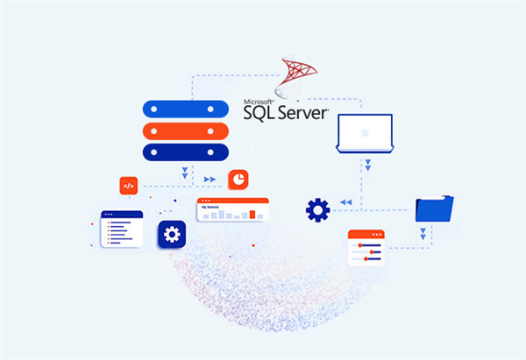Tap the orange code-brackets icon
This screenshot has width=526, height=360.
point(129,185)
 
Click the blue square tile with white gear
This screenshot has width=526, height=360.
point(172,234)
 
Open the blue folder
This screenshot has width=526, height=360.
point(434,209)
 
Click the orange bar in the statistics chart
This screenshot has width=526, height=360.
point(252,213)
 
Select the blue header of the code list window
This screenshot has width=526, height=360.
point(121,214)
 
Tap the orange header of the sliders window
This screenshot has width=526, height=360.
point(367,234)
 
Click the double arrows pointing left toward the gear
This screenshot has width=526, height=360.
point(346,202)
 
